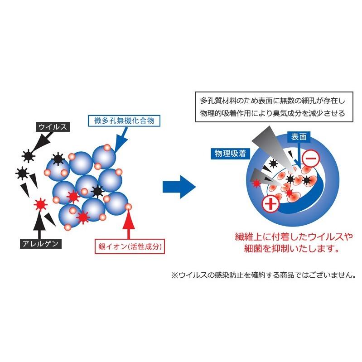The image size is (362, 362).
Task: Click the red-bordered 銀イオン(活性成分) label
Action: click(130, 247)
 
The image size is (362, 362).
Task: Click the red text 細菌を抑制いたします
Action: click(287, 249)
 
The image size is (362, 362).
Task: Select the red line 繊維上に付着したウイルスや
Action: click(287, 237)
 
